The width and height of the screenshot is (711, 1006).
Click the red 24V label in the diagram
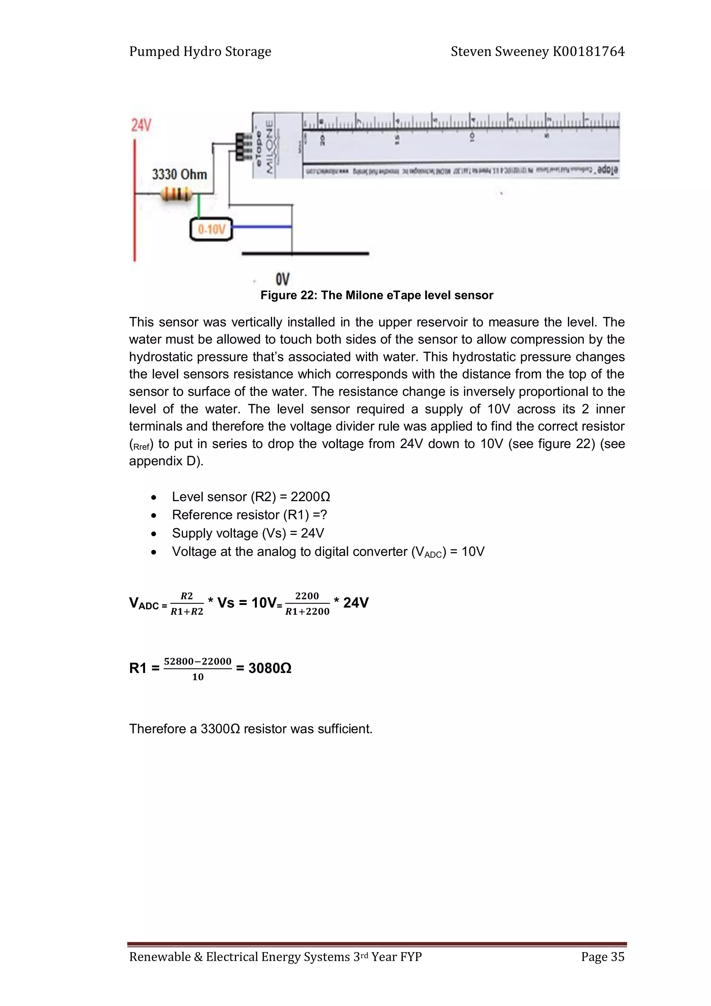point(141,126)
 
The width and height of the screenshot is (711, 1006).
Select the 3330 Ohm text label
point(179,174)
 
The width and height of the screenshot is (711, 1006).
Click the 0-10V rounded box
point(211,230)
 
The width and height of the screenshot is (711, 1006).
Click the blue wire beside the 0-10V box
point(261,226)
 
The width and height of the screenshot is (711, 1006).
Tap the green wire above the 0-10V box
point(199,206)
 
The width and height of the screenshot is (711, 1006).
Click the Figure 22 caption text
point(376,295)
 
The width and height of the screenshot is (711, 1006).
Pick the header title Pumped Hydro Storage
point(200,52)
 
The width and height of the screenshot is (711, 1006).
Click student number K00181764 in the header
point(588,52)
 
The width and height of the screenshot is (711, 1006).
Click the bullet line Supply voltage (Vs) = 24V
point(248,533)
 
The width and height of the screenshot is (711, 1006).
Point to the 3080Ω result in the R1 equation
point(269,668)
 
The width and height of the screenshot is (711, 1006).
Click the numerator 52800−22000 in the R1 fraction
point(198,661)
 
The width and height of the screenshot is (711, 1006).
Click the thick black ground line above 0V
point(306,253)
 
